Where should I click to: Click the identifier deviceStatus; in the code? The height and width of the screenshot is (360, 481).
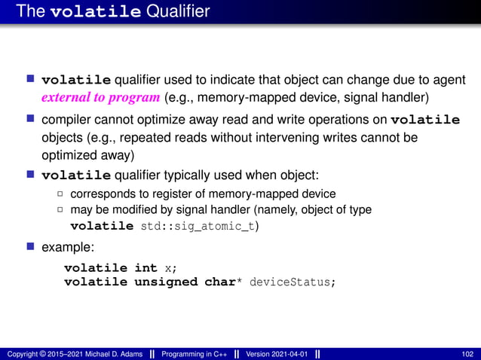(x=291, y=282)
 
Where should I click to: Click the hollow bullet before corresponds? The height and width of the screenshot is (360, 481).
(x=61, y=194)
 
